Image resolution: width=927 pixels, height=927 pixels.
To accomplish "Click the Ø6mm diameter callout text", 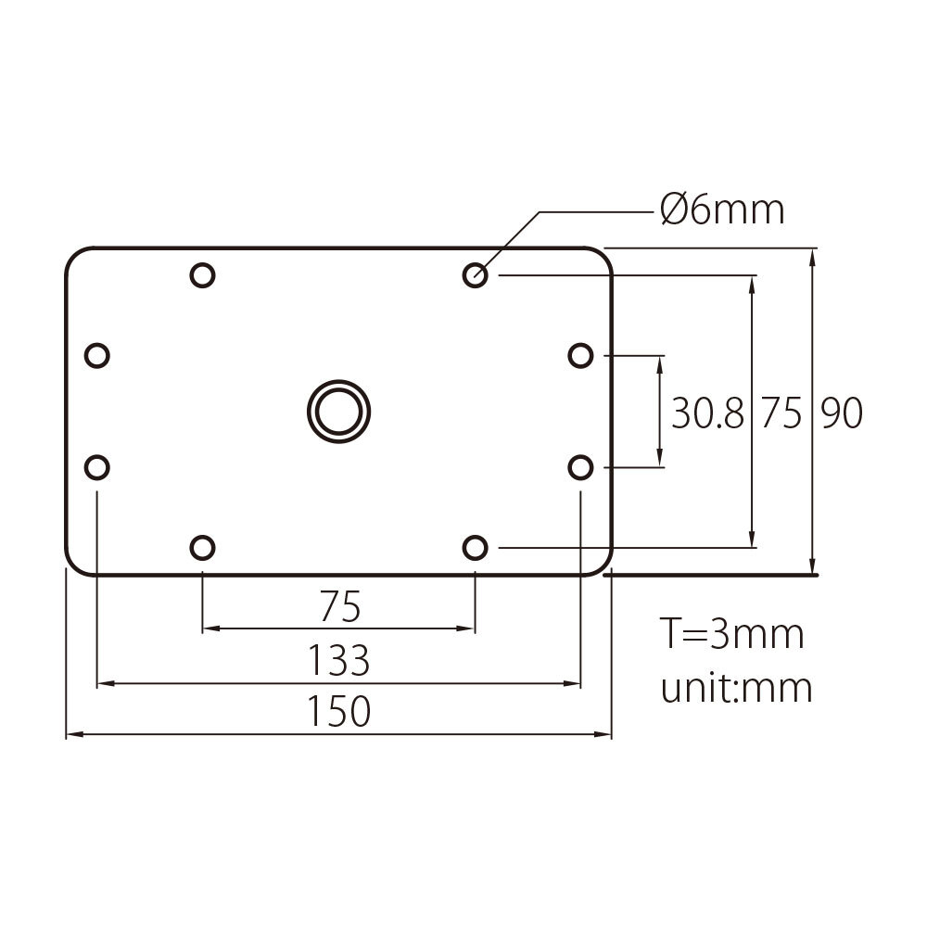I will point(722,210).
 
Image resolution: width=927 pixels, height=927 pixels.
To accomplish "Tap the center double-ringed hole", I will point(338,409).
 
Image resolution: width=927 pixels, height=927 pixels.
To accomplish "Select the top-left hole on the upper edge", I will point(202,274).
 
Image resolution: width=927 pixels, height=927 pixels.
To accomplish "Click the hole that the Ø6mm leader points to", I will point(476,274).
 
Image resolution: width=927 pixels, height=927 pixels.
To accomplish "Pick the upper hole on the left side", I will point(97,355).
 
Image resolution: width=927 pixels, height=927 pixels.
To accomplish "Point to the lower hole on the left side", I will point(97,467).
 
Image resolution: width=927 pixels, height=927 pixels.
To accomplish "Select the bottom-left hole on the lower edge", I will point(202,548).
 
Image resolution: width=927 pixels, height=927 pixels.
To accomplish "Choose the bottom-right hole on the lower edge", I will point(476,548).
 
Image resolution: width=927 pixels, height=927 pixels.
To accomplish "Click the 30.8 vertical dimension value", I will point(707,414).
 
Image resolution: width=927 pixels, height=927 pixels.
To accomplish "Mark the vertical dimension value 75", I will point(781,414).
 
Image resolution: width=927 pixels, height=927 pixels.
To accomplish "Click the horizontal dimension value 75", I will point(339,607).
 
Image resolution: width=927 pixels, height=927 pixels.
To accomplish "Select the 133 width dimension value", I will point(339,661).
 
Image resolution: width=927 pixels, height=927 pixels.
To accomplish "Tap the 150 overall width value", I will point(339,711).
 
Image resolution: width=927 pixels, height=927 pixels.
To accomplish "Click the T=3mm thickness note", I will point(731,635).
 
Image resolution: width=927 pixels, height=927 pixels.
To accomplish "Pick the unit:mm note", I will point(736,688).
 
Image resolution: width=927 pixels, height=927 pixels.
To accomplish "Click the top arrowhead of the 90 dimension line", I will point(813,256).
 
